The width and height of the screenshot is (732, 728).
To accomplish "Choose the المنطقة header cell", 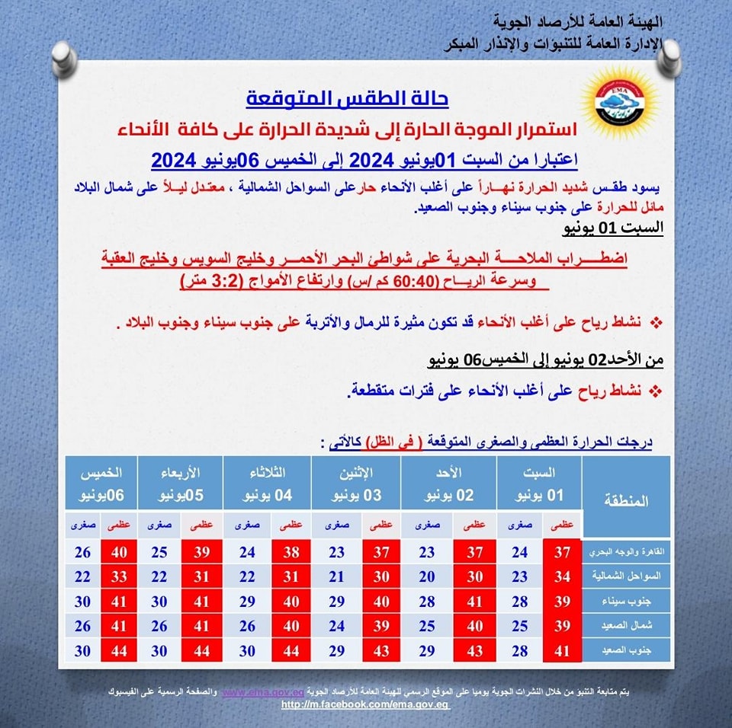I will pos(626,500).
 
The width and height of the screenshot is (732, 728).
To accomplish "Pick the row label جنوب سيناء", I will pos(626,601).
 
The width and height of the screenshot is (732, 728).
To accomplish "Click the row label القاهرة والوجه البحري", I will pos(626,551).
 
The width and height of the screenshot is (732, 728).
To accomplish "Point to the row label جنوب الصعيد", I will pos(626,650).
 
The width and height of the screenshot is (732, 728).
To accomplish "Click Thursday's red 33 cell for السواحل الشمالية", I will pos(119,576).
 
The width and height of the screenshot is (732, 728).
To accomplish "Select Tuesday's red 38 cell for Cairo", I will pos(291,552).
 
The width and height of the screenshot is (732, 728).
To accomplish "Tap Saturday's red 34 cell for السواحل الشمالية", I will pos(563,576).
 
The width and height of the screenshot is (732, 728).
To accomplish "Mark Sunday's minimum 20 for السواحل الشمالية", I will pos(426,576).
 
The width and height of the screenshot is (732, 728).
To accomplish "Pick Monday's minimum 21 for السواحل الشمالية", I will pos(337,576).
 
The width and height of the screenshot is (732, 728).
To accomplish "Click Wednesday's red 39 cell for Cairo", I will pos(201,552).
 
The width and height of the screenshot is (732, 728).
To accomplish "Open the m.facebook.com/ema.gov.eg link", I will pos(365,704).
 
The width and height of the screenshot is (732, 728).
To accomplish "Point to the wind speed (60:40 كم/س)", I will pos(390,281).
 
